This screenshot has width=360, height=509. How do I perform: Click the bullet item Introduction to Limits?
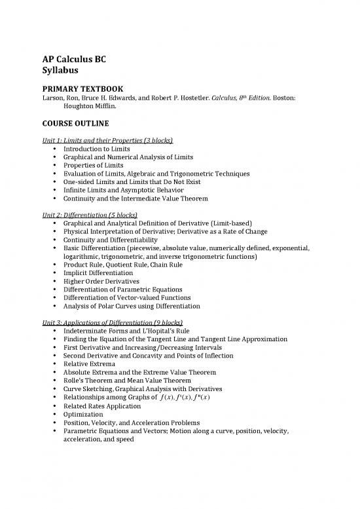96,149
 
